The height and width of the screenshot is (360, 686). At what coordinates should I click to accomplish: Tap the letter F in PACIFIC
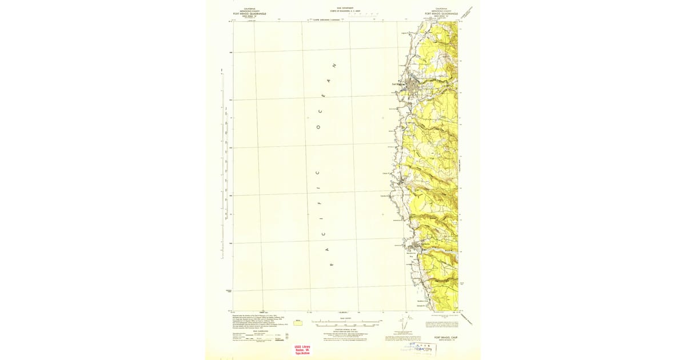(x=320, y=202)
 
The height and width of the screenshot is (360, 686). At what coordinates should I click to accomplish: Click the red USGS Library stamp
(x=302, y=350)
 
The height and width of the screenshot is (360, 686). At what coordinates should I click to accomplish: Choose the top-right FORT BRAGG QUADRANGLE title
(x=441, y=13)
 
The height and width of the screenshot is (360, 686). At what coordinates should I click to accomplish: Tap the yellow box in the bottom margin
(x=298, y=323)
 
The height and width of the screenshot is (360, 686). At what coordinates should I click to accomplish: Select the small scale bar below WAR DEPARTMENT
(x=363, y=14)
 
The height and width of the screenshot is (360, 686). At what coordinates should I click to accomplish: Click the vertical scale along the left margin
(x=222, y=166)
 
